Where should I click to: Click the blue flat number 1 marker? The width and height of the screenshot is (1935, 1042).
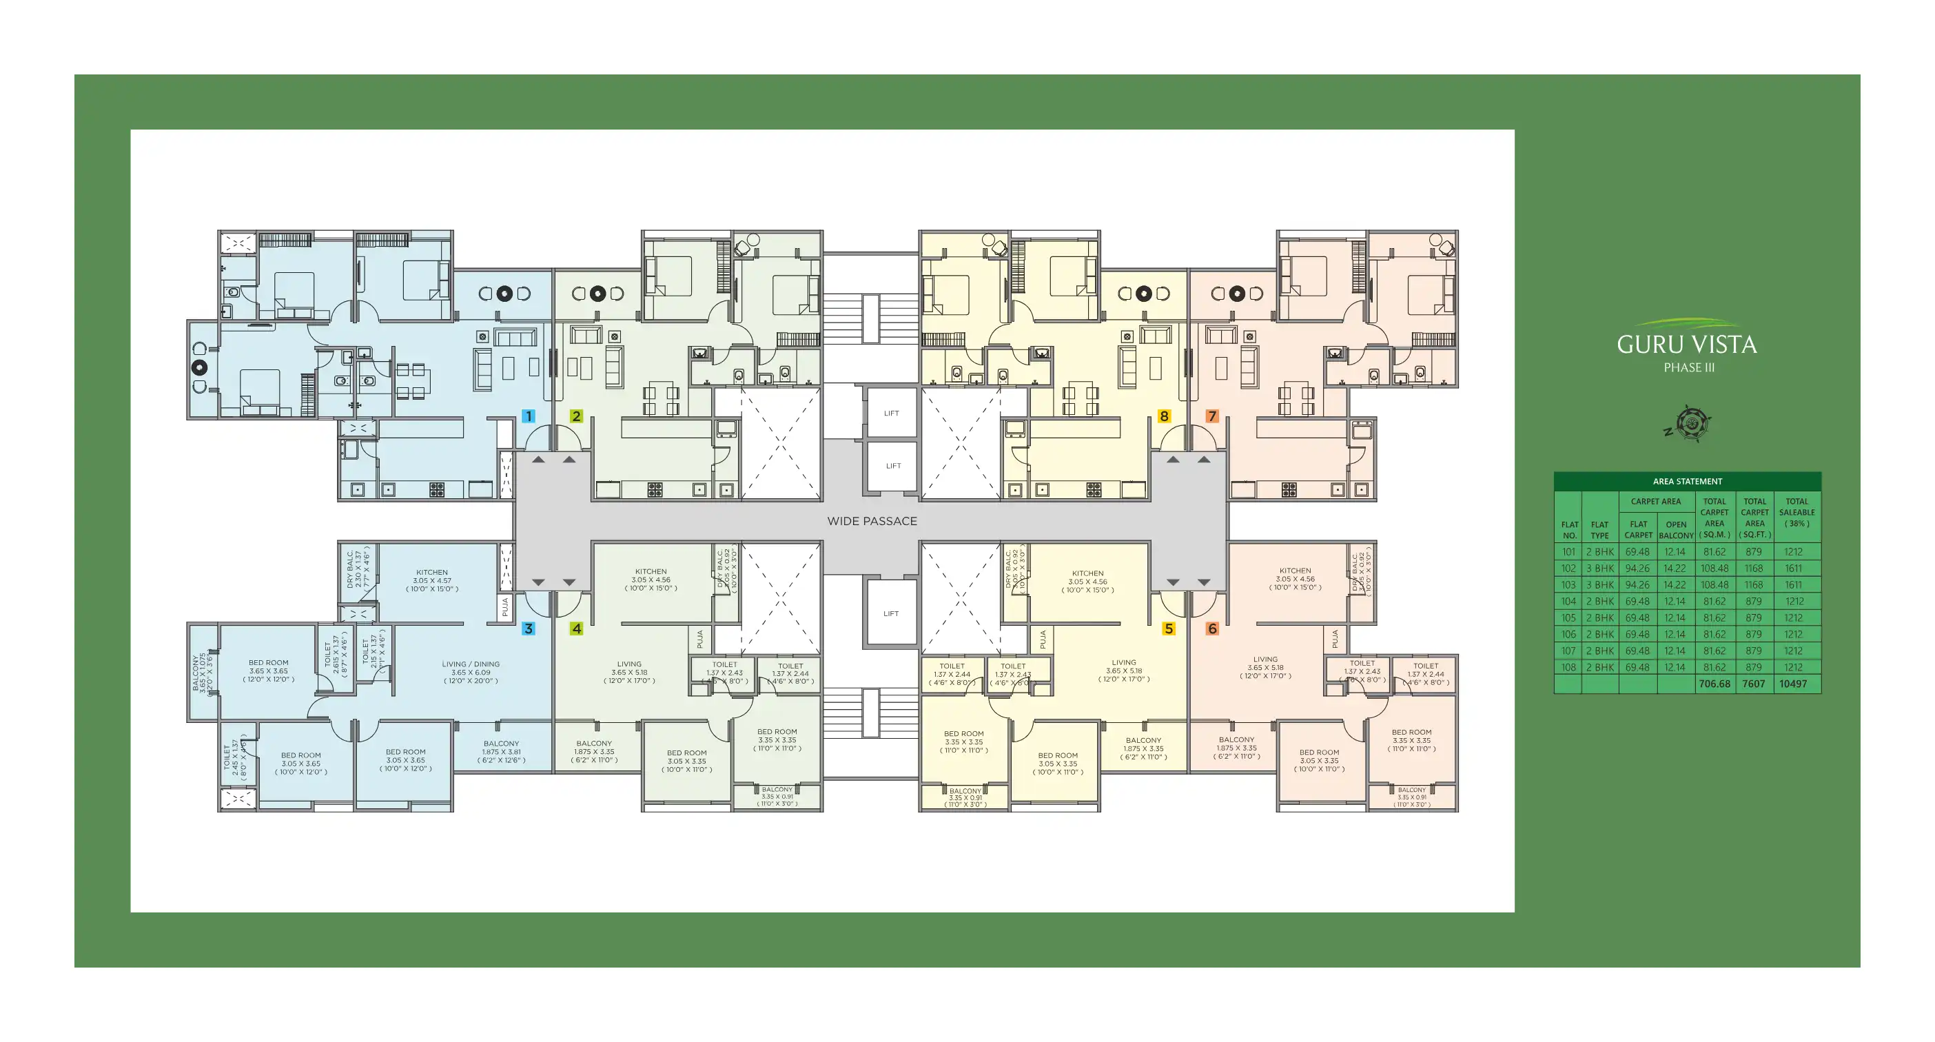point(529,416)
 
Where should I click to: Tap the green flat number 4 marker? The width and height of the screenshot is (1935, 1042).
point(576,629)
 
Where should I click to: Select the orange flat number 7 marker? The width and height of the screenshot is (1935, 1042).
point(1211,416)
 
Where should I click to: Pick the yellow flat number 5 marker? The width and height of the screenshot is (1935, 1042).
point(1169,629)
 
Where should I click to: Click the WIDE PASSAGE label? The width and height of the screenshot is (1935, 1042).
point(872,522)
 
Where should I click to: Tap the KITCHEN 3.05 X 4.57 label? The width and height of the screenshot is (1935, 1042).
point(432,581)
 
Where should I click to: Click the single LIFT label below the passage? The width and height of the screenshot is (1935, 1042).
point(891,614)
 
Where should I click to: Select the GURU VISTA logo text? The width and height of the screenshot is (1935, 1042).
point(1687,345)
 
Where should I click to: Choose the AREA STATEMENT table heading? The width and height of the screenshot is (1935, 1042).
point(1687,482)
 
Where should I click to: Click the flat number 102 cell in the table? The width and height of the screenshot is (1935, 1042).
point(1568,569)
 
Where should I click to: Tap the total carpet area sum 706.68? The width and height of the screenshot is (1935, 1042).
point(1714,684)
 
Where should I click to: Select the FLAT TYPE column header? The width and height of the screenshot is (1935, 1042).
point(1599,531)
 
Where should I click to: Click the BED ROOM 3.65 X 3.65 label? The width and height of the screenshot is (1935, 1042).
point(268,671)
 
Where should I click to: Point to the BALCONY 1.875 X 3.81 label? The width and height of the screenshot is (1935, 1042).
point(501,752)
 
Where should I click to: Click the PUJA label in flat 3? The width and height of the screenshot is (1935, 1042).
point(506,607)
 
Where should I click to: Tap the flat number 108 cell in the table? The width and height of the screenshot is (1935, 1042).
point(1568,668)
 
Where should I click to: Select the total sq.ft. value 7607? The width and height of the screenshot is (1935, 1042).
point(1754,684)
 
